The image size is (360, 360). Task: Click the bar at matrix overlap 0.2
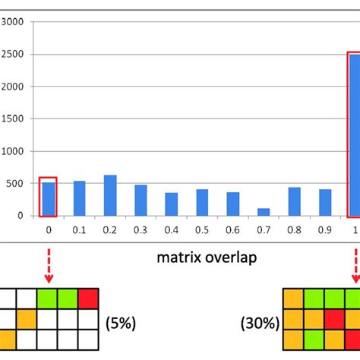pyautogui.click(x=110, y=195)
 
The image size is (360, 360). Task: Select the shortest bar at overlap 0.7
pyautogui.click(x=264, y=212)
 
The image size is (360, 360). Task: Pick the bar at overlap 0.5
pyautogui.click(x=202, y=202)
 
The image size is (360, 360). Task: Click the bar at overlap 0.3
pyautogui.click(x=141, y=200)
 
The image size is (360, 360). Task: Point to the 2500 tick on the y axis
pyautogui.click(x=15, y=55)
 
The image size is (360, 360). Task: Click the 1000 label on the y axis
pyautogui.click(x=15, y=151)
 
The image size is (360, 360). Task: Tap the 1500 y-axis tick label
pyautogui.click(x=15, y=119)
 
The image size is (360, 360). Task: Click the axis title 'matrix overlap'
pyautogui.click(x=207, y=257)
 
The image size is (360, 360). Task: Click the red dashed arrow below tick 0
pyautogui.click(x=49, y=260)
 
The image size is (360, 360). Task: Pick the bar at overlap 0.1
pyautogui.click(x=79, y=198)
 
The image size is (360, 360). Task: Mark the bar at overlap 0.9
pyautogui.click(x=325, y=202)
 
